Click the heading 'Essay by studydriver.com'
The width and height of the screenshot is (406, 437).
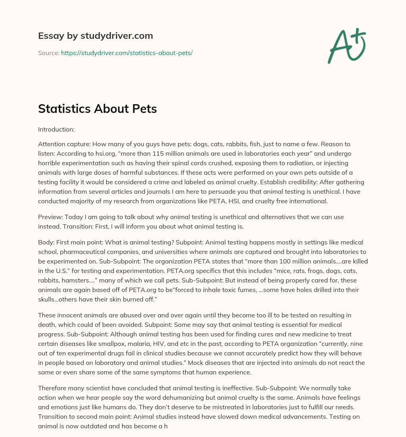click(95, 36)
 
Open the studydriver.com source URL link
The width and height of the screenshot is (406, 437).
click(126, 53)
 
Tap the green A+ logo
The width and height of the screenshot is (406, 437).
click(347, 46)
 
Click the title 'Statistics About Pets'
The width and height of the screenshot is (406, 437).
click(97, 109)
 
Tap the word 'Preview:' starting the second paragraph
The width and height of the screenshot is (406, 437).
click(50, 217)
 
